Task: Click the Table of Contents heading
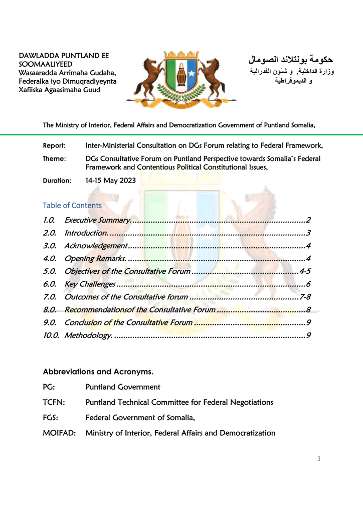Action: click(72, 206)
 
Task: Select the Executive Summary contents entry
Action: click(98, 220)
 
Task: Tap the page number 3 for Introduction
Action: click(309, 233)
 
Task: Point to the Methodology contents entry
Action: click(88, 335)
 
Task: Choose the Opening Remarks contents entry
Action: click(95, 259)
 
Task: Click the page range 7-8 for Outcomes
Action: click(305, 297)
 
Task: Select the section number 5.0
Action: click(49, 271)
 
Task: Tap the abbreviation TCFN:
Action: click(53, 402)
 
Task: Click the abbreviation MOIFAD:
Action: click(59, 433)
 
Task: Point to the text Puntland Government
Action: click(123, 387)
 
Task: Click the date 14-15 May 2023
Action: click(110, 180)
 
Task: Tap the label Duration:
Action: click(57, 180)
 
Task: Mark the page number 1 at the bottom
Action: click(319, 458)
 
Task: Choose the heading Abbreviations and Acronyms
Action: click(98, 372)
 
